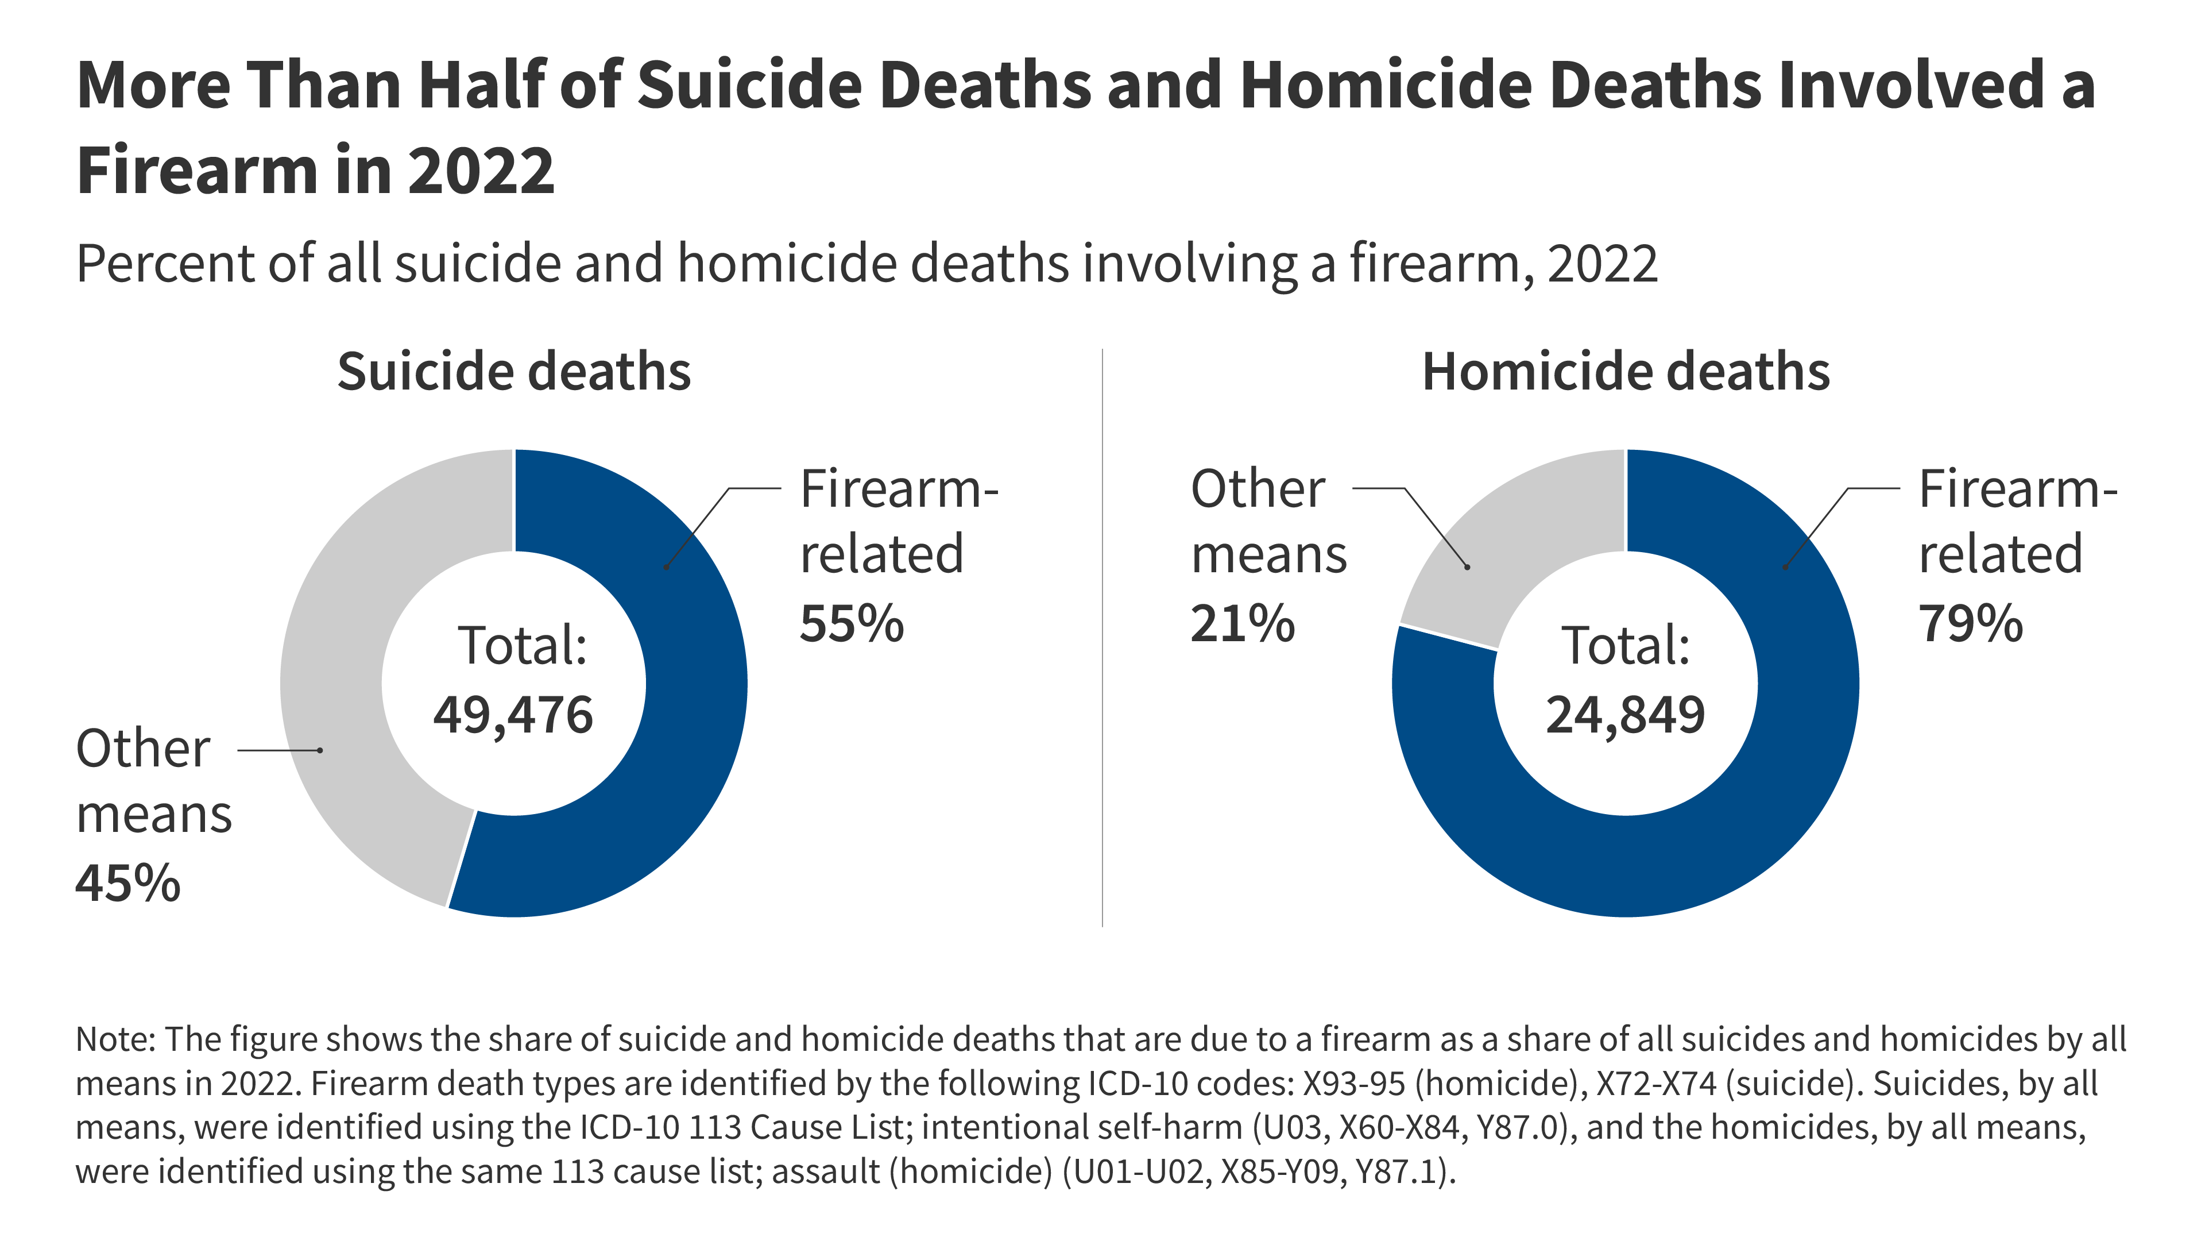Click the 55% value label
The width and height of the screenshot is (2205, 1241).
851,623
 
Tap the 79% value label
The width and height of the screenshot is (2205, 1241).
1971,623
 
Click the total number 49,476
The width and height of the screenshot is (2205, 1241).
513,715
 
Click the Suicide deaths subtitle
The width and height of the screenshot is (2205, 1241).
513,372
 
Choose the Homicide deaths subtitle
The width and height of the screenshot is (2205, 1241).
1626,372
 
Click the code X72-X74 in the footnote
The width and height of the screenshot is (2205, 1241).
1656,1084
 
